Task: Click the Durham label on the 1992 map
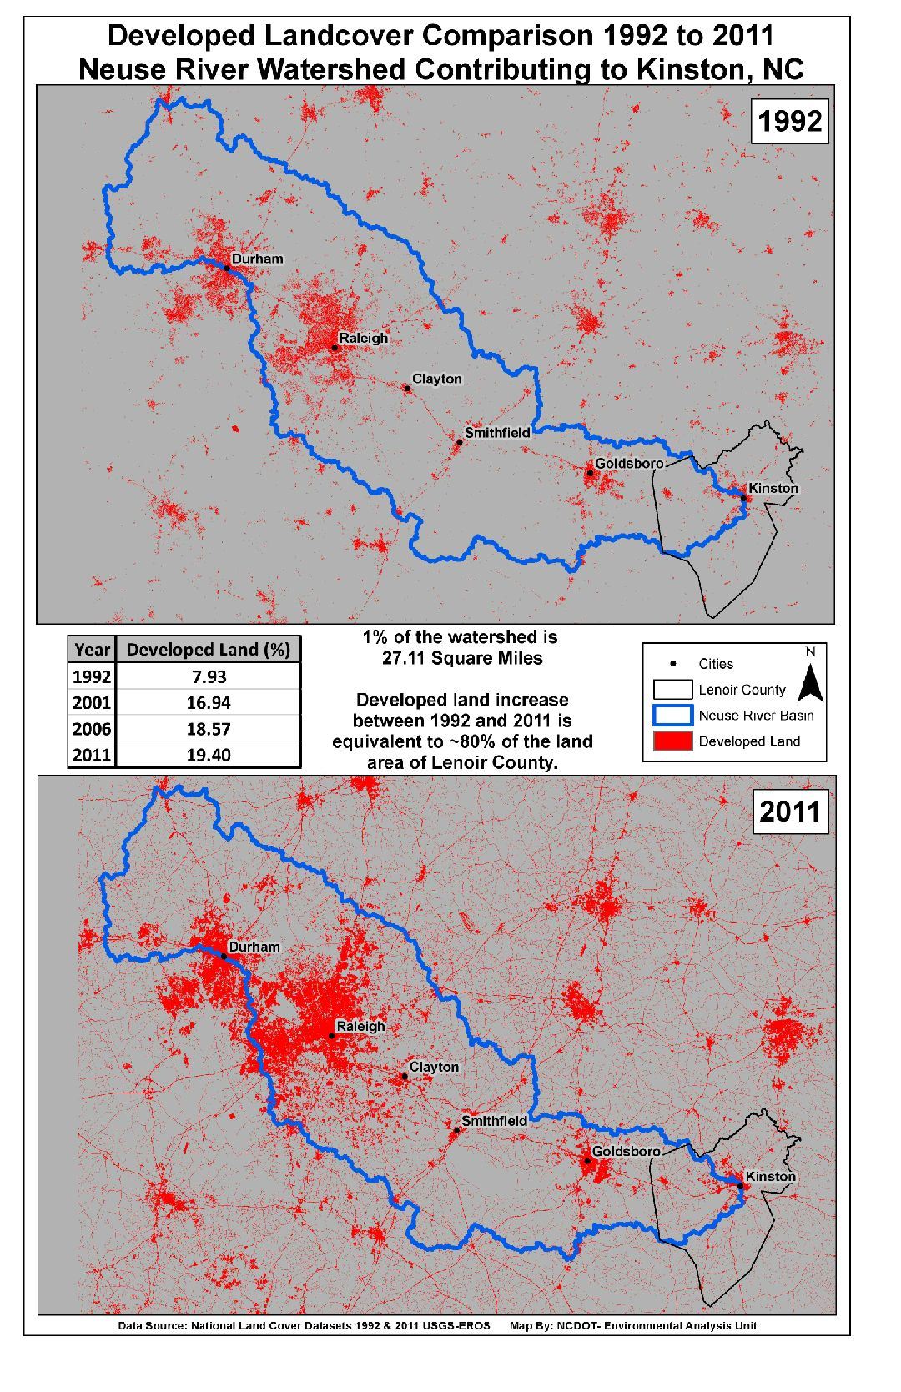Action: (x=257, y=259)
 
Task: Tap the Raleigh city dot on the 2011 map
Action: (x=332, y=1036)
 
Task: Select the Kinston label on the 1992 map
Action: (x=773, y=488)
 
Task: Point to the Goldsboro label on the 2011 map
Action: (x=626, y=1152)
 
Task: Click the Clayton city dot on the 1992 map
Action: (x=408, y=388)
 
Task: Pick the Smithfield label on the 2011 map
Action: (x=494, y=1121)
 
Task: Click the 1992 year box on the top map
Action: (x=789, y=122)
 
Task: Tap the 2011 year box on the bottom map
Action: (x=789, y=812)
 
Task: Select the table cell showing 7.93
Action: (x=208, y=676)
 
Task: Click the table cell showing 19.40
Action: (x=208, y=755)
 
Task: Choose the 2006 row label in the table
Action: (x=92, y=729)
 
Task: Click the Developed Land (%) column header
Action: (x=208, y=650)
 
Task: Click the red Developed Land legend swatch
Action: (x=672, y=741)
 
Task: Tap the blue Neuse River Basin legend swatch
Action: (x=672, y=716)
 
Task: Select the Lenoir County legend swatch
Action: (x=672, y=690)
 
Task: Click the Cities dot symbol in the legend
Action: (x=672, y=664)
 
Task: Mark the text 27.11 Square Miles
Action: (x=461, y=658)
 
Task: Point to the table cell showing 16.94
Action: (x=208, y=702)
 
